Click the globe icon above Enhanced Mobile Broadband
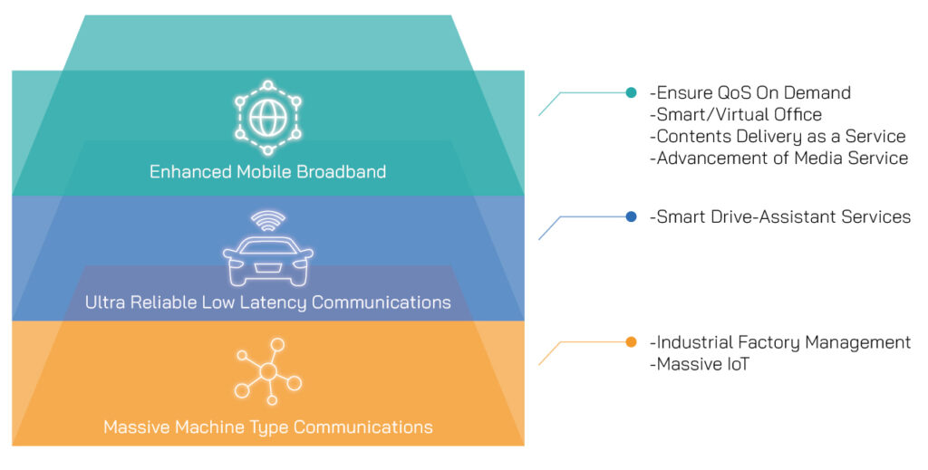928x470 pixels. [x=267, y=118]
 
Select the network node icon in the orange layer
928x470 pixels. [x=267, y=371]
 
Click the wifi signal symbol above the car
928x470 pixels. [x=267, y=220]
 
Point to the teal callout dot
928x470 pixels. [x=632, y=92]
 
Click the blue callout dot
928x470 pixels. [x=632, y=216]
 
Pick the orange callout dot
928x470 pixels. [x=632, y=341]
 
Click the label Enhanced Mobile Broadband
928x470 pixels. [x=267, y=171]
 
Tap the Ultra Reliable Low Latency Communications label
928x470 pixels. [x=267, y=302]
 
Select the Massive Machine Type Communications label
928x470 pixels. [x=267, y=427]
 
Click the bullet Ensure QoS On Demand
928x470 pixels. [x=750, y=92]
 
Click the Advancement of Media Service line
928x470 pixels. [x=778, y=158]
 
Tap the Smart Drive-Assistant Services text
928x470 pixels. [x=780, y=216]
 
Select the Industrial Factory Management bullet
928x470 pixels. [x=780, y=341]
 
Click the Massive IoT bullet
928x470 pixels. [x=697, y=364]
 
